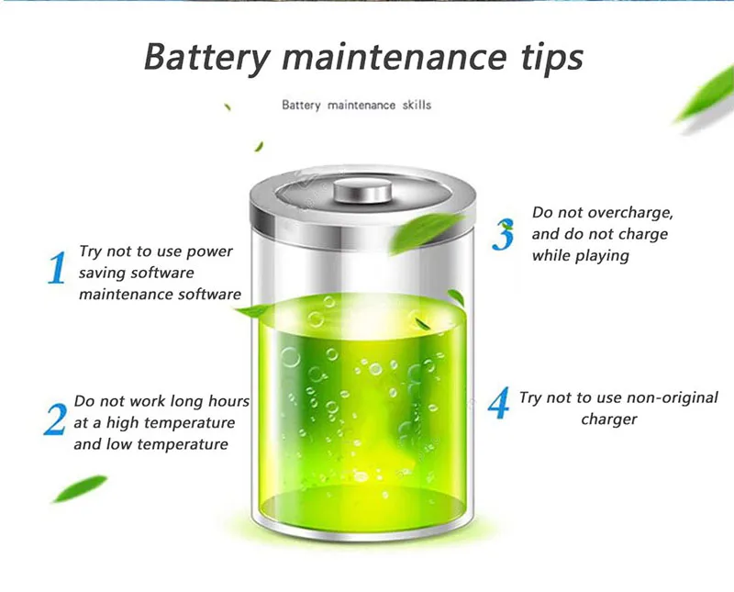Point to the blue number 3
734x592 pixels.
tap(503, 235)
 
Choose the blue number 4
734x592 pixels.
tap(499, 404)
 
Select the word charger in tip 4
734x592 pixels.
tap(608, 419)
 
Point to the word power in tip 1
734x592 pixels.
tap(210, 251)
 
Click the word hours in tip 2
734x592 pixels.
tap(226, 401)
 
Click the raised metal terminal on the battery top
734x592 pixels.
tap(363, 191)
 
